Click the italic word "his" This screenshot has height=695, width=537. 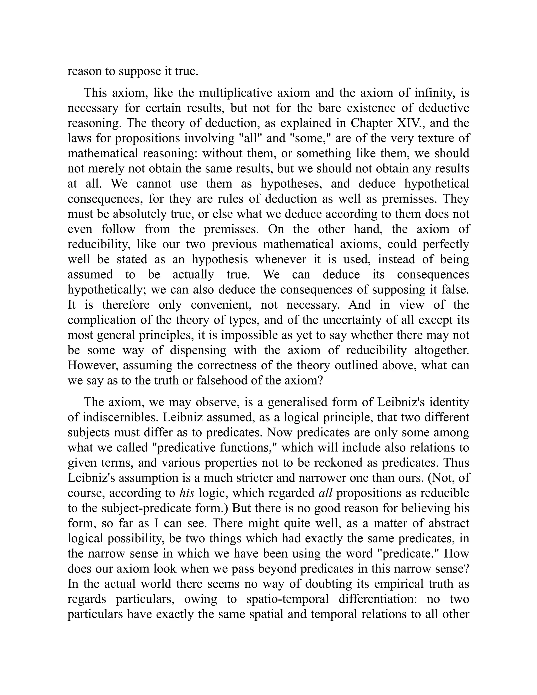187,493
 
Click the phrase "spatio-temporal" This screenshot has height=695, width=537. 288,599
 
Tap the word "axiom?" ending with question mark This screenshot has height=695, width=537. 305,380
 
